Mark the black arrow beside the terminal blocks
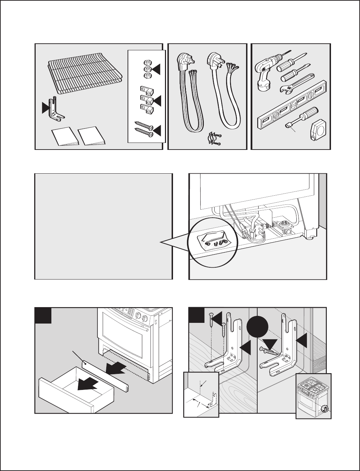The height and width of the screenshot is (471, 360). [157, 101]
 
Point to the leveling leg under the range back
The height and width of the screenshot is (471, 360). [309, 239]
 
